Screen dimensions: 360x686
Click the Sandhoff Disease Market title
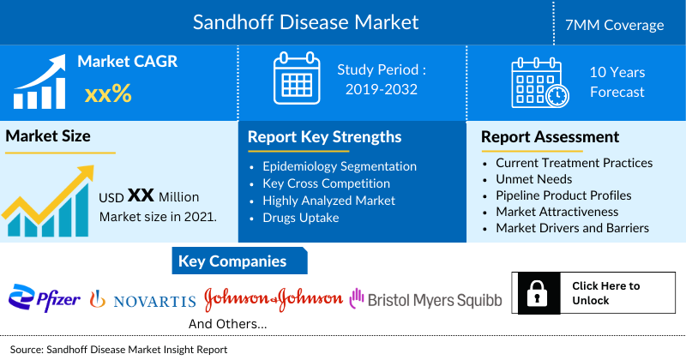305,21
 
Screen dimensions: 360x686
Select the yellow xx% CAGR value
107,93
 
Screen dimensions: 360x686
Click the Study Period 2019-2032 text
382,80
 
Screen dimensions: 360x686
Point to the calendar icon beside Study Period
296,79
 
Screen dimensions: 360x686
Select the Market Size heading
48,136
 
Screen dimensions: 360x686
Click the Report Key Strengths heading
324,137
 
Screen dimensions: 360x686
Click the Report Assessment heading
550,137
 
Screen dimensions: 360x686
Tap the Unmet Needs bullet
535,179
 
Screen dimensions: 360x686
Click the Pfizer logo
45,299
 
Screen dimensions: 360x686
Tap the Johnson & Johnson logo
273,299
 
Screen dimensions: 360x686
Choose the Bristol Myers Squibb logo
425,299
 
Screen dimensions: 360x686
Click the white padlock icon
539,293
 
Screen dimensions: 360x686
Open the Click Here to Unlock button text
605,293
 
